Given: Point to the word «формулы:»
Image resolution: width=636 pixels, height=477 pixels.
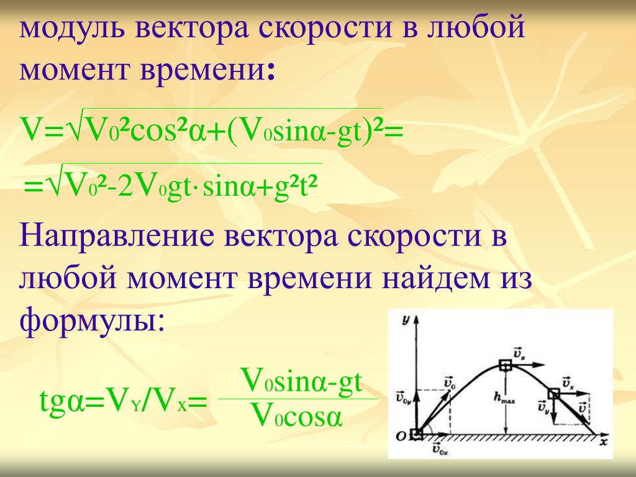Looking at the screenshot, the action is [x=93, y=318].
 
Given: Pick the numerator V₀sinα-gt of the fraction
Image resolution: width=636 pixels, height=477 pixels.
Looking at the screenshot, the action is [x=301, y=381].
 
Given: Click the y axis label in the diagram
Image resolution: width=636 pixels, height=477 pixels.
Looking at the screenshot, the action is [x=405, y=320].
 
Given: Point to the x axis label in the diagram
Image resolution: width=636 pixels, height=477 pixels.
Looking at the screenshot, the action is [x=604, y=441].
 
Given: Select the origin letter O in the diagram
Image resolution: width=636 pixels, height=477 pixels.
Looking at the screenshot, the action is [x=401, y=437].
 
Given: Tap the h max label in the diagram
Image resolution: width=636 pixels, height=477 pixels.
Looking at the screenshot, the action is [x=503, y=398].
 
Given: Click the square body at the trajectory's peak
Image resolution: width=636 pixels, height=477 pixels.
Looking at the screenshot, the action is [x=506, y=365].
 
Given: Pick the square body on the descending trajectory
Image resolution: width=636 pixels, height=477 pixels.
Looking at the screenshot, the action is [x=553, y=393].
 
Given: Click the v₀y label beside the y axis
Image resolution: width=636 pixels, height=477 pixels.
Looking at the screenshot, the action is [x=404, y=396].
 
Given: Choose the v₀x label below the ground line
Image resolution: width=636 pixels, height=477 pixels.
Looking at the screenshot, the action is [x=440, y=448].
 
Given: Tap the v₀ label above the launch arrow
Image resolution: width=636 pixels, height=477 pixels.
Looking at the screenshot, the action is [x=450, y=382].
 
